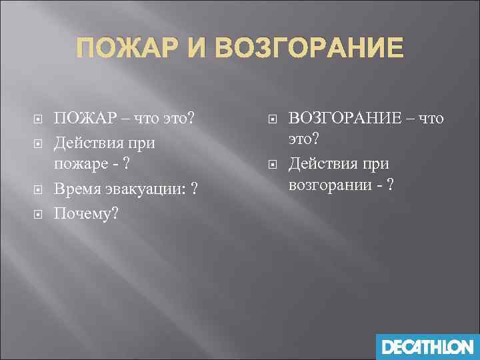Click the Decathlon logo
coord(427,347)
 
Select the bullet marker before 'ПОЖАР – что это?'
coord(38,119)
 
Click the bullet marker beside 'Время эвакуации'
coord(38,190)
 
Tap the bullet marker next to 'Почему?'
coord(38,214)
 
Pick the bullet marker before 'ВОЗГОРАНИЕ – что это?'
coord(271,119)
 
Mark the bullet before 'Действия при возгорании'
coord(271,163)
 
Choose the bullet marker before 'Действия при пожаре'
coord(38,143)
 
